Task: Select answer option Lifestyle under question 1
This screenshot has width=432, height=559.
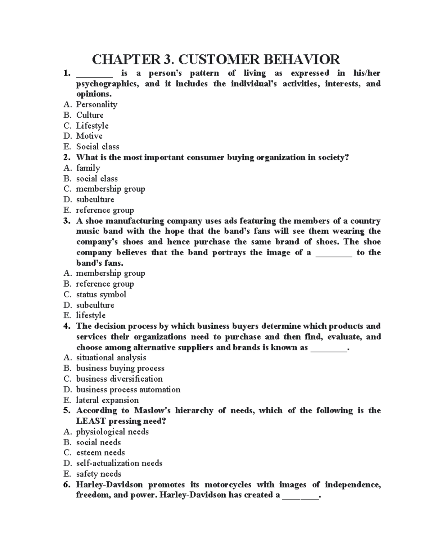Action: pos(92,126)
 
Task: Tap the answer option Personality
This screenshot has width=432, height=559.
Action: pos(96,104)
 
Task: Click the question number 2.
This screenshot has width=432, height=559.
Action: pos(66,157)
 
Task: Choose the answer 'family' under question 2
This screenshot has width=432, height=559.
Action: pos(88,168)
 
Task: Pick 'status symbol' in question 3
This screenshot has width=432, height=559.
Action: pos(101,294)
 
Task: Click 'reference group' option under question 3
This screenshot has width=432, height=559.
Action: pos(105,284)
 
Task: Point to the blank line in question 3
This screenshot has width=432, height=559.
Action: pos(334,253)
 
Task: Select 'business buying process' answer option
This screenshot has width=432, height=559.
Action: pos(120,368)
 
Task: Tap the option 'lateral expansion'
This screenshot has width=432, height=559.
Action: pos(107,400)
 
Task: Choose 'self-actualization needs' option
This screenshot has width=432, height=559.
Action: pos(119,463)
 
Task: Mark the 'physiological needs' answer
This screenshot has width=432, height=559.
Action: pos(112,432)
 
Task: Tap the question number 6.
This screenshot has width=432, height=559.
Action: pos(66,484)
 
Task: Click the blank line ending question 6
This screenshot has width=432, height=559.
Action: pos(301,496)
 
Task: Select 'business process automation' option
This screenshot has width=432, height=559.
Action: pos(128,389)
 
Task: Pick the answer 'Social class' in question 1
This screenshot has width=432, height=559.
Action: pos(98,147)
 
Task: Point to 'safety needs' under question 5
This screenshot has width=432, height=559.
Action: pos(99,474)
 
